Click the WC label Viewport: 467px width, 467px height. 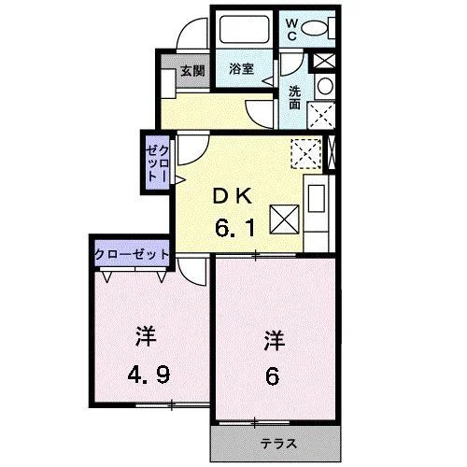291,30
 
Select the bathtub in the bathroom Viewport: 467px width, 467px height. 244,29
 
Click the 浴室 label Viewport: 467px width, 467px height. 242,69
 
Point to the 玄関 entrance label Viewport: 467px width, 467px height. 193,71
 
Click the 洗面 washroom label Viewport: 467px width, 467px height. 294,97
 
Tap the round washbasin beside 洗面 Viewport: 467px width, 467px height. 325,86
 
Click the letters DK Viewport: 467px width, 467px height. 233,197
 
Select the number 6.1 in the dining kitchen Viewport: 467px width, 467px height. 235,228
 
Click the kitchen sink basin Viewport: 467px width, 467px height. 317,199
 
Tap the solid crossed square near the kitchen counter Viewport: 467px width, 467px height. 285,219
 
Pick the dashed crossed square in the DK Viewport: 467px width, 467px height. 306,154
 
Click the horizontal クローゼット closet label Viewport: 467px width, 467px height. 132,255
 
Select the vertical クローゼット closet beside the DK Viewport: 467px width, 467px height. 158,164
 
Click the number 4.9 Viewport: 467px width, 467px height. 149,375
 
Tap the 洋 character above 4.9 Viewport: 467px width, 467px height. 146,336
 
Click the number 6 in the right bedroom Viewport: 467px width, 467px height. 272,375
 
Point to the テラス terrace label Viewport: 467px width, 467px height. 278,444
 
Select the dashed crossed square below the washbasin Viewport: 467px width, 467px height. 321,116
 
